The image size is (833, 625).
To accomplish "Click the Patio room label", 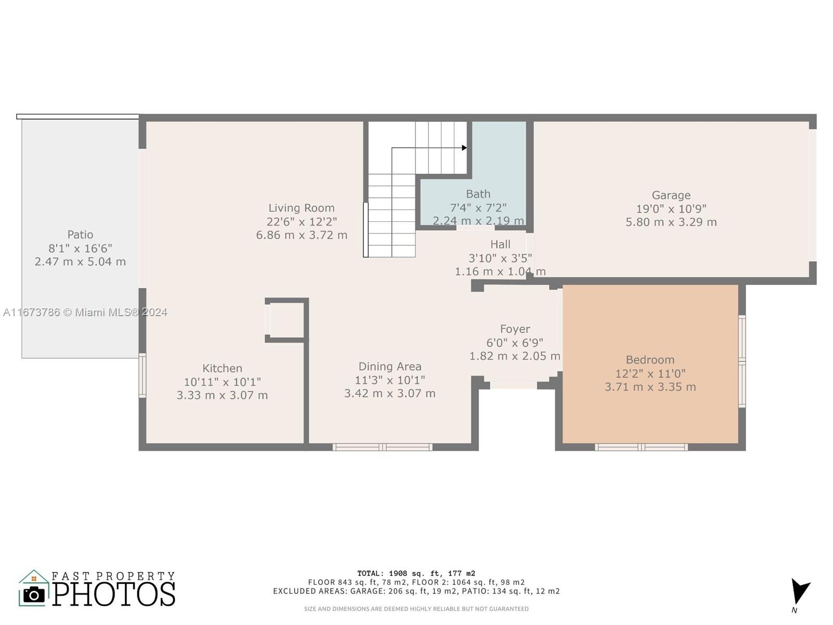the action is pyautogui.click(x=80, y=234).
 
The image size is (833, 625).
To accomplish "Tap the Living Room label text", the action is pyautogui.click(x=301, y=208).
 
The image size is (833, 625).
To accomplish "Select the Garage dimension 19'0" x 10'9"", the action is pyautogui.click(x=671, y=209).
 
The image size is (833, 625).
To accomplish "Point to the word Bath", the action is pyautogui.click(x=478, y=194).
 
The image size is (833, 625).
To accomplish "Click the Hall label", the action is pyautogui.click(x=500, y=244).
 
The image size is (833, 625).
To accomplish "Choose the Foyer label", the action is pyautogui.click(x=515, y=329).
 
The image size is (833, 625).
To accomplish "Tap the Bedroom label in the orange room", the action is pyautogui.click(x=650, y=360).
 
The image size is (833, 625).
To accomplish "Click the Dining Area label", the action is pyautogui.click(x=390, y=367).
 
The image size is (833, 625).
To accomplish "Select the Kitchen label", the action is pyautogui.click(x=222, y=368).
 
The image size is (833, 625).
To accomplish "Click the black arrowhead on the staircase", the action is pyautogui.click(x=464, y=147).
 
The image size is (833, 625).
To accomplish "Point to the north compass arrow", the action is pyautogui.click(x=800, y=591).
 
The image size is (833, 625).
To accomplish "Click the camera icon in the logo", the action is pyautogui.click(x=34, y=595).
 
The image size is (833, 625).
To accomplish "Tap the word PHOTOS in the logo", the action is pyautogui.click(x=114, y=594).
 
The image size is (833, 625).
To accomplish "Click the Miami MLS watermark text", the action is pyautogui.click(x=85, y=312).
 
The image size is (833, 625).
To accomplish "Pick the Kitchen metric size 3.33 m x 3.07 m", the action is pyautogui.click(x=222, y=395).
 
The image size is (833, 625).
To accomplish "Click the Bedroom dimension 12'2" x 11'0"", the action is pyautogui.click(x=650, y=374).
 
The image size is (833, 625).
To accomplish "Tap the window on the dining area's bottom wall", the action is pyautogui.click(x=383, y=447).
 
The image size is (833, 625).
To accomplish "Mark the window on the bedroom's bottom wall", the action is pyautogui.click(x=641, y=447).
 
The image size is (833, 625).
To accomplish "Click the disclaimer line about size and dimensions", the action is pyautogui.click(x=416, y=609).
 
